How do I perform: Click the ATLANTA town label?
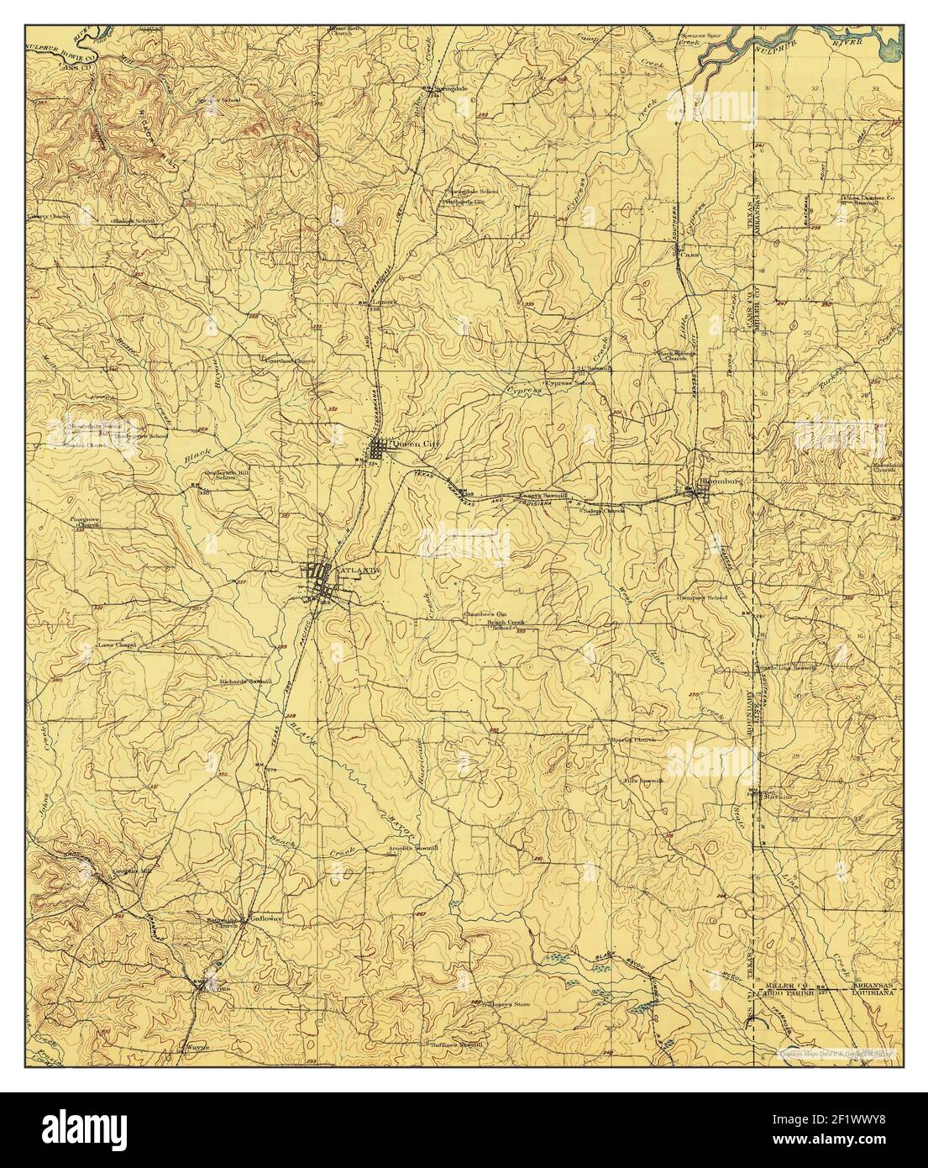(359, 570)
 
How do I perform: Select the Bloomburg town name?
(722, 482)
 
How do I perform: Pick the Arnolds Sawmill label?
(414, 849)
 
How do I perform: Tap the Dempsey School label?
(703, 597)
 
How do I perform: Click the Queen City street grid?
(379, 448)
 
